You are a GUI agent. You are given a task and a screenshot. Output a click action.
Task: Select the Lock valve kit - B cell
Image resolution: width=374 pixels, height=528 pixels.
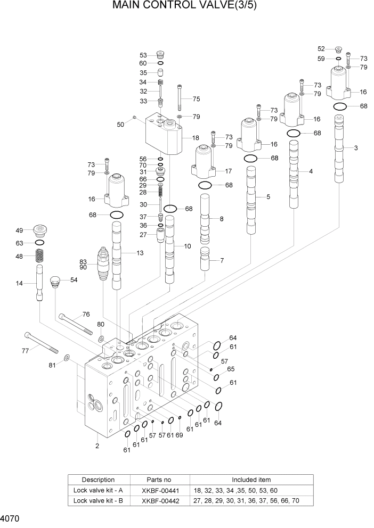(99, 500)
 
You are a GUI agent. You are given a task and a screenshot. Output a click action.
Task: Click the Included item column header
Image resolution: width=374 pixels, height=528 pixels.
(251, 480)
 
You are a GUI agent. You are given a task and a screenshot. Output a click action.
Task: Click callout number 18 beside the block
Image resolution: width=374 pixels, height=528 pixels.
(196, 137)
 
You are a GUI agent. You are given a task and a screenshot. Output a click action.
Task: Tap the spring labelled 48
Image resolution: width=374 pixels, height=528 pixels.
(39, 257)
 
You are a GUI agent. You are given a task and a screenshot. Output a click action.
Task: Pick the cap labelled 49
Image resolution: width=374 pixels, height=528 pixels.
(40, 230)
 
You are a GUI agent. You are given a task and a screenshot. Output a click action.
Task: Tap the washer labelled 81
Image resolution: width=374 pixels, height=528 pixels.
(66, 357)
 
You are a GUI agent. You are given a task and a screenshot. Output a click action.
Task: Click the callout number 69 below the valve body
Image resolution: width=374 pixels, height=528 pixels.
(179, 435)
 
